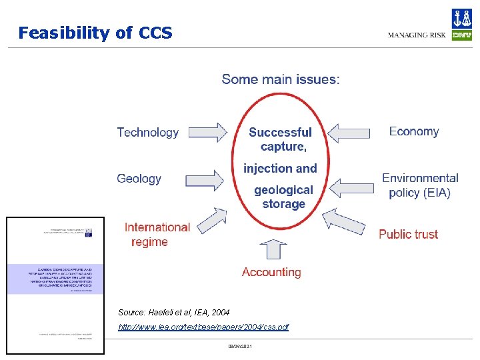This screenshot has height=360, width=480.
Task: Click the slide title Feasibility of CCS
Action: pos(95,33)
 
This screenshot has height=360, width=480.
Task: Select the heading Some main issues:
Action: pos(280,79)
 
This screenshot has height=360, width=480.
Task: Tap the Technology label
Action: pos(147,133)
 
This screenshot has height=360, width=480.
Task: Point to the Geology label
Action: pos(139,179)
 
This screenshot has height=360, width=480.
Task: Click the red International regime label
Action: pos(157,235)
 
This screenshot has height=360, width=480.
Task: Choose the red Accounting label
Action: pos(271,272)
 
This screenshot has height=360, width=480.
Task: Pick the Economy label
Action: pos(414,131)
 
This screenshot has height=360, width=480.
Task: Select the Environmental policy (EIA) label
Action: pos(420,185)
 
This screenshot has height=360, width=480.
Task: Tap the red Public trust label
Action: pos(408,234)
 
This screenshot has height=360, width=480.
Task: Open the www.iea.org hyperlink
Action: pos(203,327)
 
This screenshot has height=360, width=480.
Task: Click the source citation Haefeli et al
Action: pos(173,312)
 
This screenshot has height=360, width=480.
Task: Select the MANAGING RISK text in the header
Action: pos(417,35)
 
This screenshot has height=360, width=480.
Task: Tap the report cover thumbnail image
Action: pos(55,285)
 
